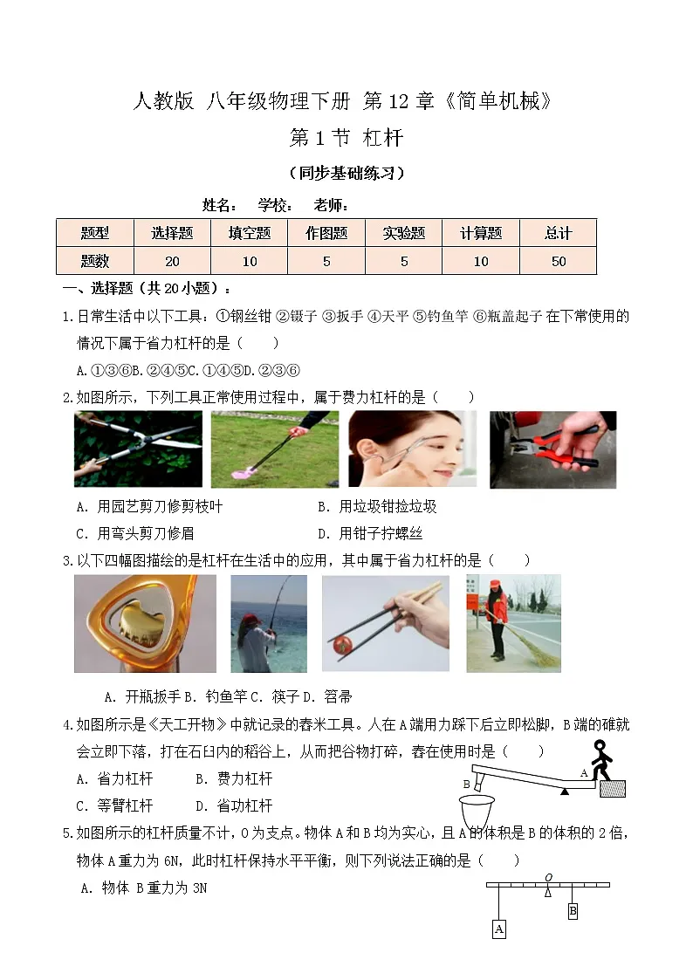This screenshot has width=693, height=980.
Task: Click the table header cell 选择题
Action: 172,233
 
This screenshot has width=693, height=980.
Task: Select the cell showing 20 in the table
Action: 172,261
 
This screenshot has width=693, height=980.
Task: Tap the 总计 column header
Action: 558,233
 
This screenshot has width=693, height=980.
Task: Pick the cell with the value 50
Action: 558,261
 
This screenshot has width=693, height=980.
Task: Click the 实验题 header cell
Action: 403,233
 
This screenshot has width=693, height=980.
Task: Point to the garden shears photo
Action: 138,449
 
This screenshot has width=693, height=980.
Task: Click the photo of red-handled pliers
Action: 552,449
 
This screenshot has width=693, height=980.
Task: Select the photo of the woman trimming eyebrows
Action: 412,449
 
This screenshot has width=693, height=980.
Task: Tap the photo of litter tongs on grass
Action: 274,449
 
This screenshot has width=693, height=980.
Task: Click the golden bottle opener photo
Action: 133,623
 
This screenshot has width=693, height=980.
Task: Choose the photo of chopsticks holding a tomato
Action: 385,623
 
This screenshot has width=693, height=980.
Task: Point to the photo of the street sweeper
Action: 513,623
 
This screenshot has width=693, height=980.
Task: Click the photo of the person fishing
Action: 268,623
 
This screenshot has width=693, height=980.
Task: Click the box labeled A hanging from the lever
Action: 498,929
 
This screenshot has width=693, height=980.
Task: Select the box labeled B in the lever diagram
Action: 573,911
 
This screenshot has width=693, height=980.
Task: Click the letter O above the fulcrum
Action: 548,877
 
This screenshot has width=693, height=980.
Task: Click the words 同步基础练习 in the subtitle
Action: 346,173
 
